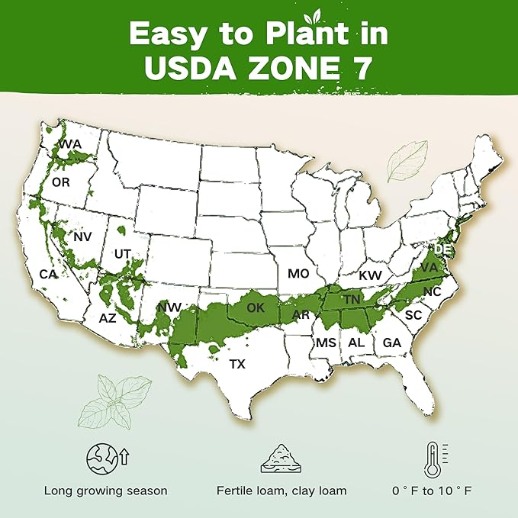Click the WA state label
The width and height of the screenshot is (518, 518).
pos(71,144)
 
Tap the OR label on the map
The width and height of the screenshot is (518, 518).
pos(62,183)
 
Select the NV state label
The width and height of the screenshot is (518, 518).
pos(82,237)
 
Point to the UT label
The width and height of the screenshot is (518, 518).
pos(122,253)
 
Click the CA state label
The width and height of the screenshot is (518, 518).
pos(48,274)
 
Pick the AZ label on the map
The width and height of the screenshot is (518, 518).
pos(108,317)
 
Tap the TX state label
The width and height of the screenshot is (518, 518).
pos(237,365)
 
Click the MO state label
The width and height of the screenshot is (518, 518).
pos(297,273)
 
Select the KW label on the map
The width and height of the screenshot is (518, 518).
pos(370,275)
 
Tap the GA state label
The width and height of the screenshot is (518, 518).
pos(391,343)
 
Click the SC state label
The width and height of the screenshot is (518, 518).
pos(413,315)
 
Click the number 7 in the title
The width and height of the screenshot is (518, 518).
pos(363,67)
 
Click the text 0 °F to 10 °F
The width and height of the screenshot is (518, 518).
pos(434,491)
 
